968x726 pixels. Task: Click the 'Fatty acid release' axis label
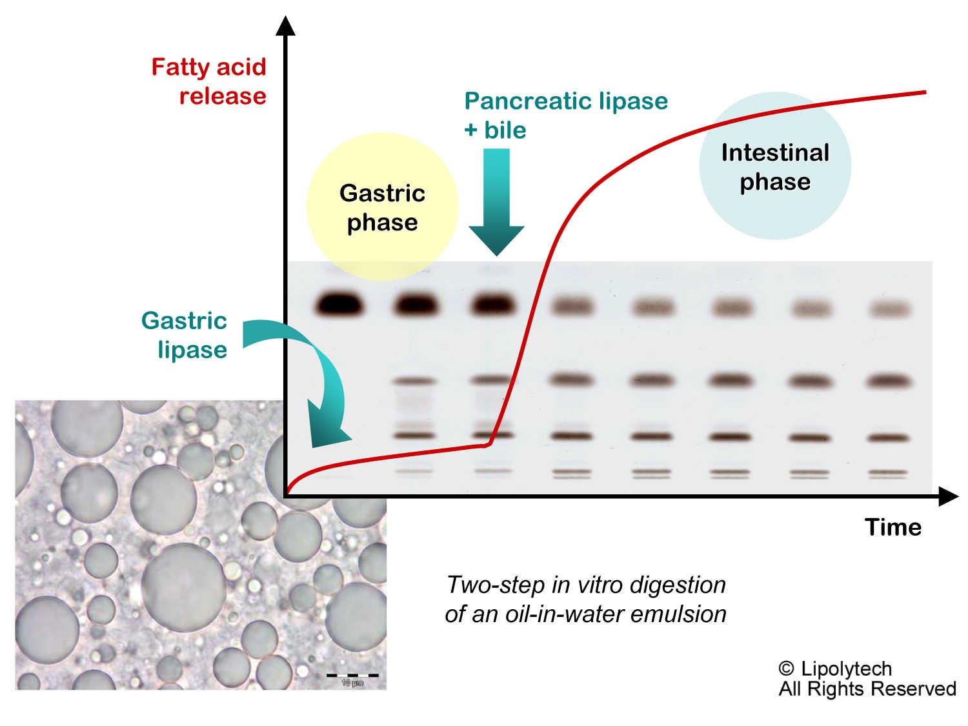(x=208, y=81)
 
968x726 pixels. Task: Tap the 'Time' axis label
(x=892, y=527)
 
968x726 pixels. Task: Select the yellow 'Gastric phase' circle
(x=382, y=207)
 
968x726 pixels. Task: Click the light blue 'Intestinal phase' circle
(x=775, y=166)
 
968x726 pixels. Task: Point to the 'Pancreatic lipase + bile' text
(x=565, y=115)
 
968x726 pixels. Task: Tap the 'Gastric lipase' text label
(x=185, y=335)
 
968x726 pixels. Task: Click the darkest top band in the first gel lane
(x=339, y=303)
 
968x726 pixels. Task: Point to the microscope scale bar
(x=352, y=676)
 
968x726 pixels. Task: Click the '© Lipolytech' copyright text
(x=835, y=669)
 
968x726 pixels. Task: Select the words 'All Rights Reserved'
(x=867, y=689)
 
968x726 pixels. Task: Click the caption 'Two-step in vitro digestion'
(x=586, y=585)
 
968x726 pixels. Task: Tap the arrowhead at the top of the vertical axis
(x=285, y=26)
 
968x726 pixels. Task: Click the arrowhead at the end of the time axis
(x=948, y=496)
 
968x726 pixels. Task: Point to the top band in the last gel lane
(x=890, y=309)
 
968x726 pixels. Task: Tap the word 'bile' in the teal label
(x=505, y=130)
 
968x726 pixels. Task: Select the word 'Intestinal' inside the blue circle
(x=775, y=153)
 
